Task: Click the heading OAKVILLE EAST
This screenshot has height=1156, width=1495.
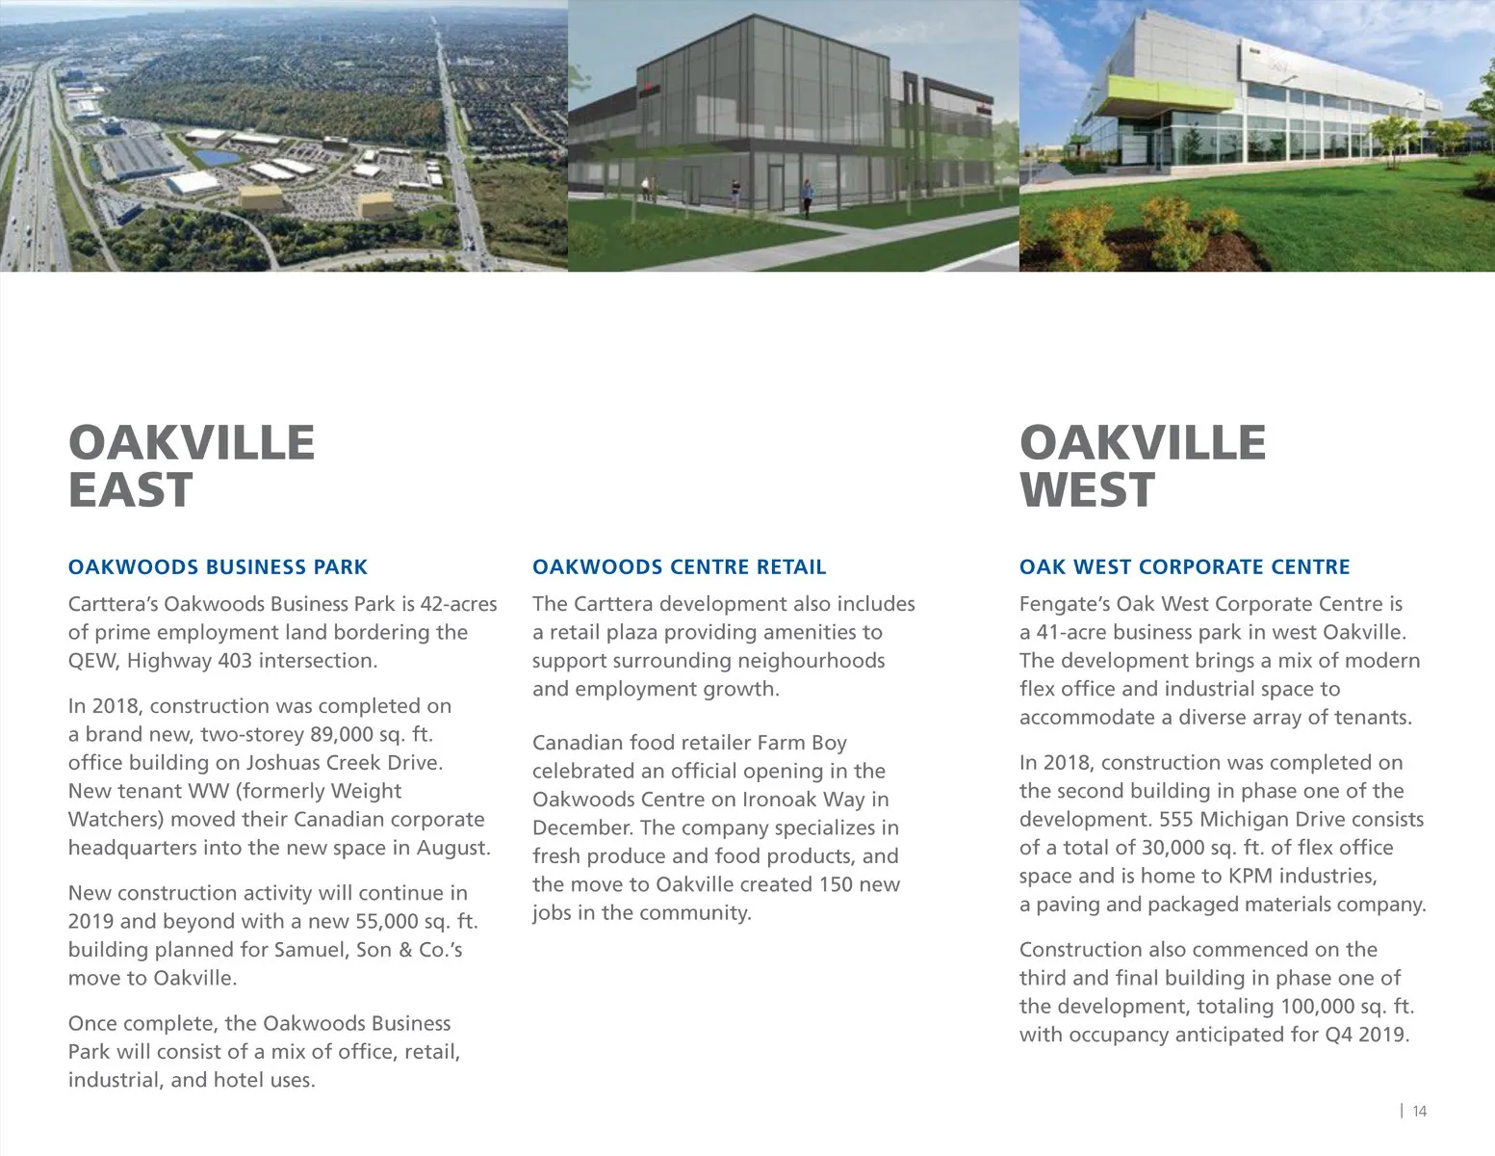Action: point(191,466)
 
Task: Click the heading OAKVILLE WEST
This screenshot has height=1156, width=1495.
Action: point(1142,466)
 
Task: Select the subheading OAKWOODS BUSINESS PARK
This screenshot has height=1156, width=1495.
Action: point(218,567)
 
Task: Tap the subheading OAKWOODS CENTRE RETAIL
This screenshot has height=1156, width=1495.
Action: point(679,567)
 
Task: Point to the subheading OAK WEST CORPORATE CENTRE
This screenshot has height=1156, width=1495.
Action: point(1184,567)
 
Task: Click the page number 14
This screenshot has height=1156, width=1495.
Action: point(1419,1112)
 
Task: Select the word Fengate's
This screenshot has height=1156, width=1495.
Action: point(1064,604)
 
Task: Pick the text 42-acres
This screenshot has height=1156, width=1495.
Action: point(458,604)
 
